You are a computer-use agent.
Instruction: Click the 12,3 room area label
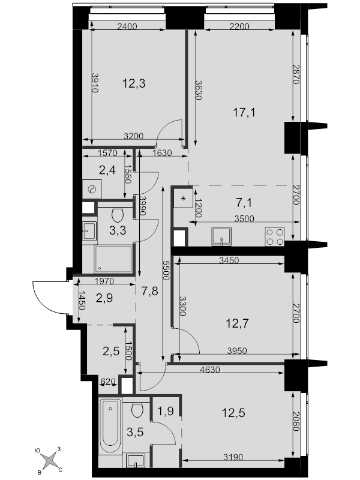click(134, 83)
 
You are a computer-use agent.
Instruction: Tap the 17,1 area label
click(244, 113)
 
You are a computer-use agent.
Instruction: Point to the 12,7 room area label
click(237, 323)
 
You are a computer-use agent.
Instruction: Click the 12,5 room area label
click(233, 413)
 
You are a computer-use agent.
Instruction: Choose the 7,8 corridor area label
click(149, 290)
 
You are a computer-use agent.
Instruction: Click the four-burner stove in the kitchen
click(275, 236)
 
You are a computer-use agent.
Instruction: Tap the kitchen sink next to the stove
click(221, 236)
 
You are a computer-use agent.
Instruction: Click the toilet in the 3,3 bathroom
click(117, 215)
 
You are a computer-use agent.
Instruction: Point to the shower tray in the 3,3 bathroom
click(113, 259)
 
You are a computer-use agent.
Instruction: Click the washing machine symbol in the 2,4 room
click(92, 189)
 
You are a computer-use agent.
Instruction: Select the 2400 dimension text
click(127, 26)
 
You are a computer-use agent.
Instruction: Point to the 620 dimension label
click(108, 381)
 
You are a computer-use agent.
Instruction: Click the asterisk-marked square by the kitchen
click(184, 199)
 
